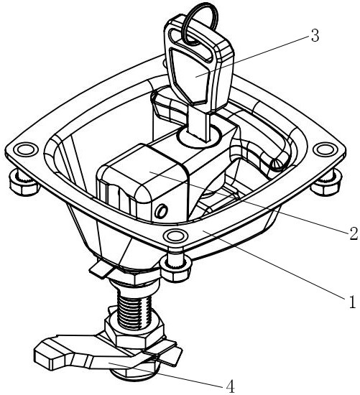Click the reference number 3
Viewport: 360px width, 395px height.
[x=315, y=35]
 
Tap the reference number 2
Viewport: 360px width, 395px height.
[x=354, y=233]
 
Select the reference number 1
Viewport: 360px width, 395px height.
[x=352, y=302]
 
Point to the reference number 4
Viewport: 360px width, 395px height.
[x=231, y=386]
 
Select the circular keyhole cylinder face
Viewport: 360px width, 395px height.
[x=200, y=136]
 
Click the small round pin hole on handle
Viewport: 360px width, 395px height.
[x=161, y=211]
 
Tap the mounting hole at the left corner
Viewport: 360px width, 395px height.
[x=24, y=149]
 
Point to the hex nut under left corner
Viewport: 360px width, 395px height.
[x=23, y=184]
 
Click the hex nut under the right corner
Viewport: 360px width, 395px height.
[x=326, y=183]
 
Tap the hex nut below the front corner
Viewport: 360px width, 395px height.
[x=175, y=269]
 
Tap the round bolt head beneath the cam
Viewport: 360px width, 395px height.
[x=135, y=371]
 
